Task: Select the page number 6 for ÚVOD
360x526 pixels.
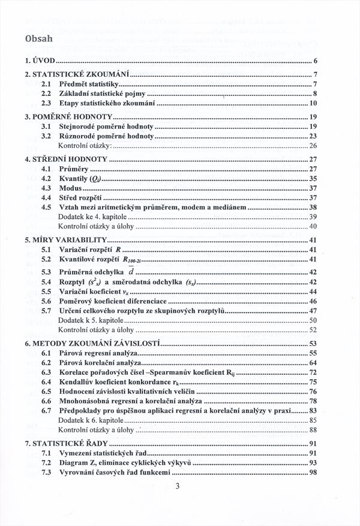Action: point(315,62)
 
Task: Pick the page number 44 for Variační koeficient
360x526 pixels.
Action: point(312,291)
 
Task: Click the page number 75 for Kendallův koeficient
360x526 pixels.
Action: point(312,382)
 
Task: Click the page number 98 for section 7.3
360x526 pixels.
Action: point(312,473)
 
